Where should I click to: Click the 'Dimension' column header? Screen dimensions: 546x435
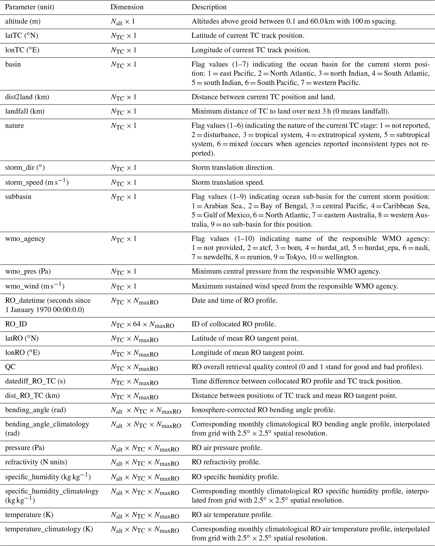tap(127, 7)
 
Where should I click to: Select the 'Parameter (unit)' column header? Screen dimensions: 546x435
tap(30, 7)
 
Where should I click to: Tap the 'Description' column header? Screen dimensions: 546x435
tap(209, 7)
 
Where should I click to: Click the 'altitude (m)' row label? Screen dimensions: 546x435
tap(23, 21)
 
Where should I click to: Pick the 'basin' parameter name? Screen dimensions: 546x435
tap(13, 64)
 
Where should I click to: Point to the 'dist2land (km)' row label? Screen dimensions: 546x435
tap(27, 97)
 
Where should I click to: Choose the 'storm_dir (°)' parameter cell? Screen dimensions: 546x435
tap(25, 168)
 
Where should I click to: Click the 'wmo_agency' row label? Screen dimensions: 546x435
tap(25, 239)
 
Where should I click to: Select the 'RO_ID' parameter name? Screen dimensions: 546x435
tap(16, 324)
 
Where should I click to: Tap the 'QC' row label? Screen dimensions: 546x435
tap(10, 367)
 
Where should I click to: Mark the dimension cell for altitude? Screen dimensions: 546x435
tap(123, 22)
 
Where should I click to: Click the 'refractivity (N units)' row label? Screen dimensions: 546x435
tap(36, 462)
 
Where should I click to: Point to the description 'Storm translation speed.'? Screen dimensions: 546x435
tap(228, 183)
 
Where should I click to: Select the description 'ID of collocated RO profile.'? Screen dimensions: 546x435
tap(234, 324)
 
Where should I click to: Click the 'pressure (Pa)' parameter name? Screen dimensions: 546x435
tap(25, 448)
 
